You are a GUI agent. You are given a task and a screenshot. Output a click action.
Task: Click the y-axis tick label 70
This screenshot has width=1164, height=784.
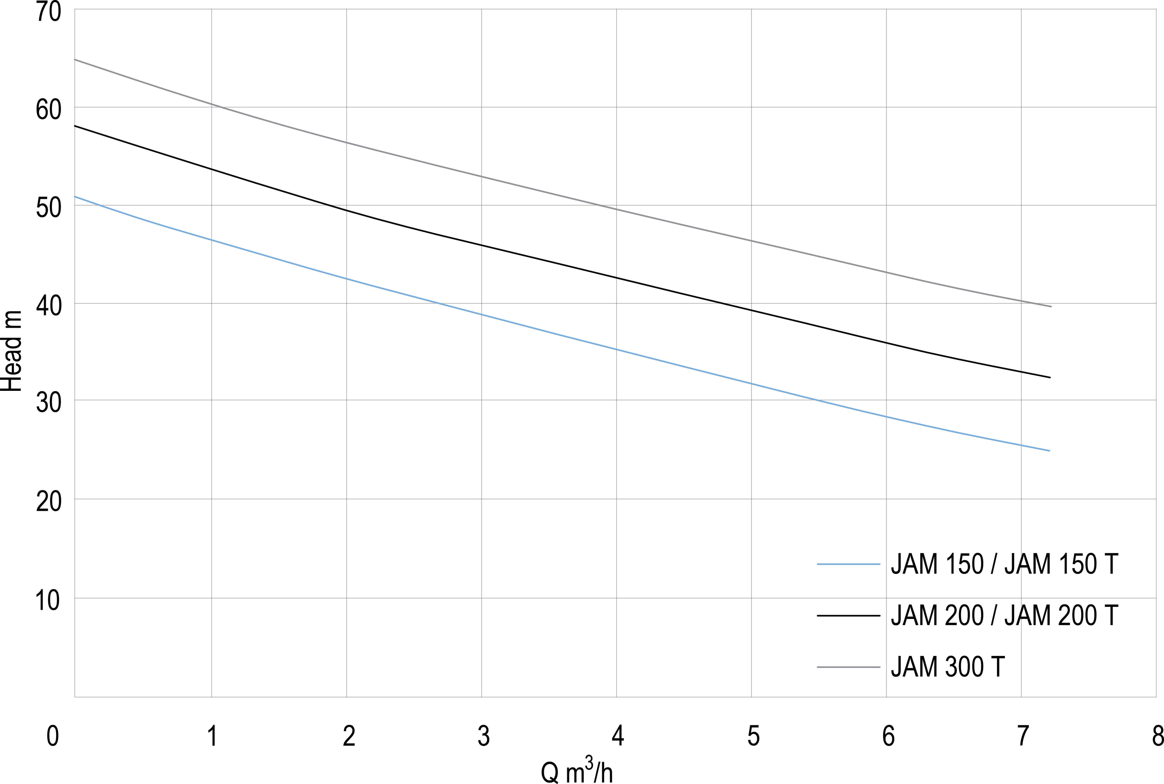point(49,12)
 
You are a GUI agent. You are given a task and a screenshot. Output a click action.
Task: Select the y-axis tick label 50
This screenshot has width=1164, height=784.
point(49,208)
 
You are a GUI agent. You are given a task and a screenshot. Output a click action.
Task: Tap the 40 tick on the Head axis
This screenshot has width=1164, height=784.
point(49,305)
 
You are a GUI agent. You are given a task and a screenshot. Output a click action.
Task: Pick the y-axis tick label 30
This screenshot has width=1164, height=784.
point(49,402)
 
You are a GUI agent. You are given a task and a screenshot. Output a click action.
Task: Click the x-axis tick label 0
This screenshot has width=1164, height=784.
point(52,736)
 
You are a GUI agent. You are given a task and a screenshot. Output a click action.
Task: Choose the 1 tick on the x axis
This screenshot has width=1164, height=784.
point(213,736)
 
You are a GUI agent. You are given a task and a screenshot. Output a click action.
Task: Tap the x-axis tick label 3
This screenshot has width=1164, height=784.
point(483,736)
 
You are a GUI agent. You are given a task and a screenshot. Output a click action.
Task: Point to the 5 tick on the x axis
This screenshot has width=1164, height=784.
point(753,736)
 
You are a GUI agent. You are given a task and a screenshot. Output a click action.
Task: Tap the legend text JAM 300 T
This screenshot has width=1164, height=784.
point(947,667)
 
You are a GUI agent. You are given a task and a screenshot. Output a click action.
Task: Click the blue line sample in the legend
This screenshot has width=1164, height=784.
point(848,564)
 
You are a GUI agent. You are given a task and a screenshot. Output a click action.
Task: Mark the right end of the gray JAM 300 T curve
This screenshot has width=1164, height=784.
point(1051,307)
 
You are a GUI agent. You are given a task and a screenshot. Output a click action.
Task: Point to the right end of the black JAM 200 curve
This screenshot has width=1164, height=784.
point(1050,377)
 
